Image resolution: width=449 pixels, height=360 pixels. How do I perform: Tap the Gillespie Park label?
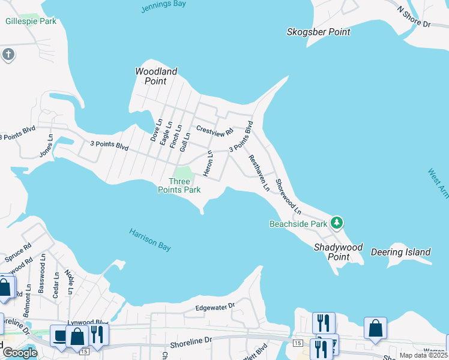[31, 21]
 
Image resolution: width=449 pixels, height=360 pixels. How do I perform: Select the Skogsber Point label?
[318, 32]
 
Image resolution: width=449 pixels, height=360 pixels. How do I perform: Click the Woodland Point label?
[156, 76]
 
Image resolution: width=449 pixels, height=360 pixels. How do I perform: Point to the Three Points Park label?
[179, 185]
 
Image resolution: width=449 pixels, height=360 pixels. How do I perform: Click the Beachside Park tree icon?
[337, 223]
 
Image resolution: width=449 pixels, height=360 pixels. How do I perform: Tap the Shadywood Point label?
[339, 252]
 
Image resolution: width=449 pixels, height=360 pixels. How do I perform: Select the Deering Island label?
[400, 252]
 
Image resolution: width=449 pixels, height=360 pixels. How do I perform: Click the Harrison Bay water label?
[151, 238]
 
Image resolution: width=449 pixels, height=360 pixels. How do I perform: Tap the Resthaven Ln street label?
[259, 173]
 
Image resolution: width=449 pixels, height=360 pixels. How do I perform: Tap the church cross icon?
[7, 55]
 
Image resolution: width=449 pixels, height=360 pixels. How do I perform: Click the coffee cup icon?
[60, 335]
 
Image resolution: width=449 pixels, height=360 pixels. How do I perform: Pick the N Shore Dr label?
[414, 17]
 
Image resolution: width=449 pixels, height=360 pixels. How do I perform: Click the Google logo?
[20, 353]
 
